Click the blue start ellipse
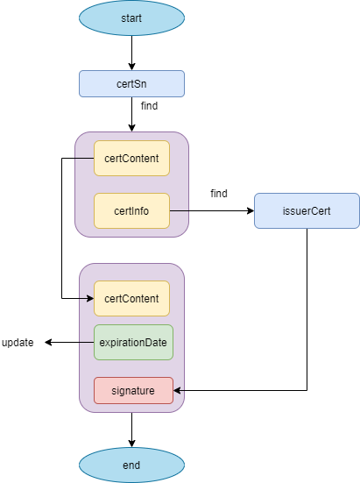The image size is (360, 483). pyautogui.click(x=131, y=18)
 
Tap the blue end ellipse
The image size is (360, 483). pyautogui.click(x=131, y=465)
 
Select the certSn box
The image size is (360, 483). pyautogui.click(x=131, y=84)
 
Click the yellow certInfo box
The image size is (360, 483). pyautogui.click(x=131, y=210)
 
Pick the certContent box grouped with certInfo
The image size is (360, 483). pyautogui.click(x=131, y=159)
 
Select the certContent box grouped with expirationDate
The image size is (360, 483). pyautogui.click(x=131, y=298)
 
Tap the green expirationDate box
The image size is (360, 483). pyautogui.click(x=133, y=342)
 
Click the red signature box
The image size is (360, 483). pyautogui.click(x=133, y=390)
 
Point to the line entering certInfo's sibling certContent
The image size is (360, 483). pyautogui.click(x=84, y=159)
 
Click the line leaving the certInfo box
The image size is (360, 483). pyautogui.click(x=179, y=210)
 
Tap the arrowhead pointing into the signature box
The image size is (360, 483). pyautogui.click(x=177, y=390)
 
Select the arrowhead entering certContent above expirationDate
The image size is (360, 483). pyautogui.click(x=90, y=298)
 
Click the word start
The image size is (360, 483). pyautogui.click(x=131, y=18)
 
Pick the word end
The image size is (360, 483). pyautogui.click(x=131, y=465)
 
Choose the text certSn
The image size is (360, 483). pyautogui.click(x=131, y=84)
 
